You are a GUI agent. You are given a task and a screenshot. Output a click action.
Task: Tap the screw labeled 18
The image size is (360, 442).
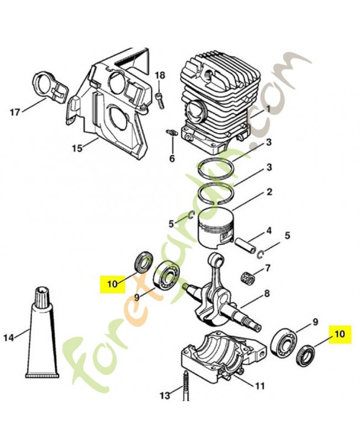[159, 100]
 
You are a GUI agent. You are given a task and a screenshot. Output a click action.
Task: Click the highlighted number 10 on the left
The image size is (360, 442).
[113, 283]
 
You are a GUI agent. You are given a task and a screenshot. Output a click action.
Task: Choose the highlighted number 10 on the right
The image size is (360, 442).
[340, 334]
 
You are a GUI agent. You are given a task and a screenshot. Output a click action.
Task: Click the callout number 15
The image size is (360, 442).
[77, 148]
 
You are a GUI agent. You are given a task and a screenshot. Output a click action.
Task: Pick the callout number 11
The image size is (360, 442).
[259, 385]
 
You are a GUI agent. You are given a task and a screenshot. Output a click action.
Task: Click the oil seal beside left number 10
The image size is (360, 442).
[144, 262]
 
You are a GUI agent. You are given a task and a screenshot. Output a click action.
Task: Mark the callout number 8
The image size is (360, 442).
[266, 293]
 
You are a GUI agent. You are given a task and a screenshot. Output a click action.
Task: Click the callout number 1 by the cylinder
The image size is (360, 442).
[267, 108]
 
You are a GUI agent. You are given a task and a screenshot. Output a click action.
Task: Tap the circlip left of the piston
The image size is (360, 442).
[190, 215]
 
